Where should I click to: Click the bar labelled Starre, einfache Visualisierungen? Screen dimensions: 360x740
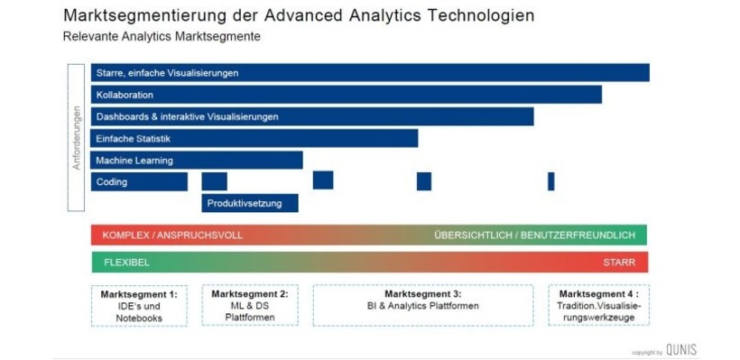pos(370,72)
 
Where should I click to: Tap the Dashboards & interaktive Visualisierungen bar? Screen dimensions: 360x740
pos(312,116)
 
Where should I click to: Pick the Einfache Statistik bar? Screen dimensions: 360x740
pos(254,138)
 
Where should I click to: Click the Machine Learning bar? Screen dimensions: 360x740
pos(197,161)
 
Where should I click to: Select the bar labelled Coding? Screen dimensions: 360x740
pos(139,181)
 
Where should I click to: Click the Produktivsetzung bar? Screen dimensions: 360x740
pos(250,203)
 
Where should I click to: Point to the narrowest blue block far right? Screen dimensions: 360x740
pos(550,181)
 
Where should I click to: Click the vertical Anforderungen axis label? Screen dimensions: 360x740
pos(77,138)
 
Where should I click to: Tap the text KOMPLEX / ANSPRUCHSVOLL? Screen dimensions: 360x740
pos(172,235)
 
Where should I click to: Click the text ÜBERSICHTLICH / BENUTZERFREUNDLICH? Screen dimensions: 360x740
pos(534,235)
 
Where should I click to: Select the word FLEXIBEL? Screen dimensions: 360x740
pos(126,263)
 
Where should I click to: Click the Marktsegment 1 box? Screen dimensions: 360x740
pos(139,306)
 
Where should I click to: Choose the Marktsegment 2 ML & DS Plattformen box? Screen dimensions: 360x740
pos(250,306)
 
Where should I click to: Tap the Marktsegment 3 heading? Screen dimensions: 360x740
pos(422,294)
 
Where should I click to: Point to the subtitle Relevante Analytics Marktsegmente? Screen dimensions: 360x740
pos(162,37)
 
